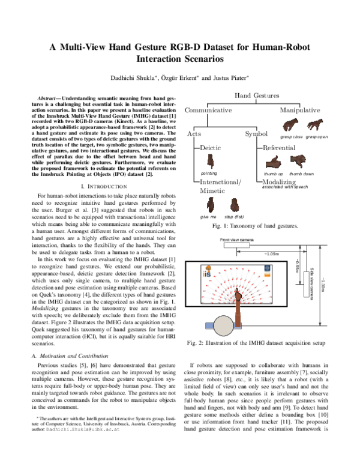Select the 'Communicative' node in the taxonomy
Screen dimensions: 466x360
tap(208, 110)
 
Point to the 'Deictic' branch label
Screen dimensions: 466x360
tap(211, 147)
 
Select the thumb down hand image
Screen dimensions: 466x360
tap(299, 163)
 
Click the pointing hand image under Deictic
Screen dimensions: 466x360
tap(211, 162)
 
